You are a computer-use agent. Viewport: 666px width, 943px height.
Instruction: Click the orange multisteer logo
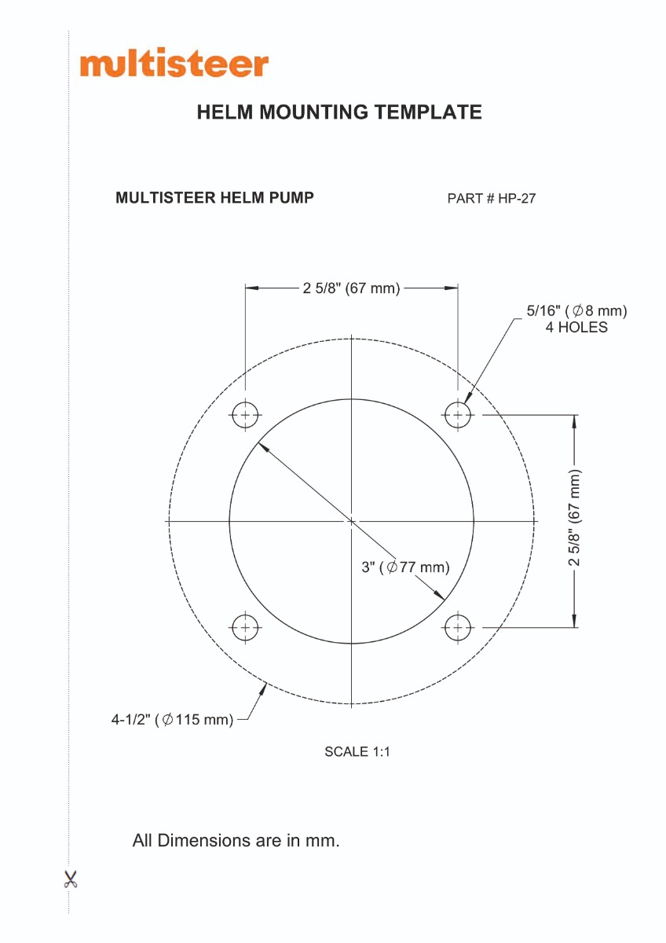174,64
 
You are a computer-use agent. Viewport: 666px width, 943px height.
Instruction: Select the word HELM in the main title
225,112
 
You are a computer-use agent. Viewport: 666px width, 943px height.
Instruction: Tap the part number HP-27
517,198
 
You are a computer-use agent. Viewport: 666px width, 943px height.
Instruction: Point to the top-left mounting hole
245,415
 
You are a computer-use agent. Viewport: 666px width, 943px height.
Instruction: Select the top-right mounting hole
458,415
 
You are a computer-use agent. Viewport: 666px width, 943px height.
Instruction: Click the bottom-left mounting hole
245,627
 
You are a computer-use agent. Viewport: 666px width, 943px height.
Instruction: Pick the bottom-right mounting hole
458,627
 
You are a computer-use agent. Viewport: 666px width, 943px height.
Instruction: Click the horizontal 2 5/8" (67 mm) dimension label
351,288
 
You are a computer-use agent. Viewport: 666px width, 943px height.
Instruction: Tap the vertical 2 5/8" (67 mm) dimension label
575,517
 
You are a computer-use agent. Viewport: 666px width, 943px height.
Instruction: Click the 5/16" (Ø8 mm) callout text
576,310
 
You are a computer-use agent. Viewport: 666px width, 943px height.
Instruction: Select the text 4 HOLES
576,327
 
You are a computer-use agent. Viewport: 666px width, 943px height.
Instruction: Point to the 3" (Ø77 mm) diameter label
405,567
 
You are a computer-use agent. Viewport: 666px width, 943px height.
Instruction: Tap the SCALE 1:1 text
357,751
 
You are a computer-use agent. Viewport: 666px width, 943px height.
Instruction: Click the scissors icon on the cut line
71,879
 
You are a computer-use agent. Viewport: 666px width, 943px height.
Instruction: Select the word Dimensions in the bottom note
200,840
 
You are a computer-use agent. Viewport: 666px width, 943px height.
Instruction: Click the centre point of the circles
351,521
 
